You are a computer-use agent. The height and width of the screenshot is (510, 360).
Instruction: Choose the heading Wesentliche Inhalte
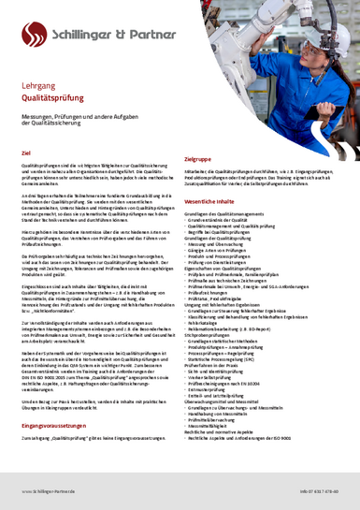216,201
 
